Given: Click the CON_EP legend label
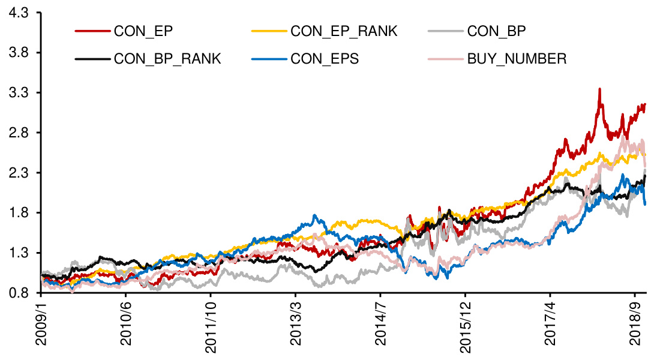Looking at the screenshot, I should click(143, 31).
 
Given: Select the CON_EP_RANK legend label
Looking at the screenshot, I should click(343, 31).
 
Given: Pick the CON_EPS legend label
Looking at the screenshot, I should click(325, 58).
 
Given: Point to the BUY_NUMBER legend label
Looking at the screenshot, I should click(517, 58).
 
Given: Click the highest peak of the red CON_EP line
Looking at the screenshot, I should click(599, 89).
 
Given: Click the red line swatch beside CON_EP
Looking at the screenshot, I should click(92, 31).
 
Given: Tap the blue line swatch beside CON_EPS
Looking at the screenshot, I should click(269, 58).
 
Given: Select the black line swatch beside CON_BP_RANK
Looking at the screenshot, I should click(92, 58).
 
